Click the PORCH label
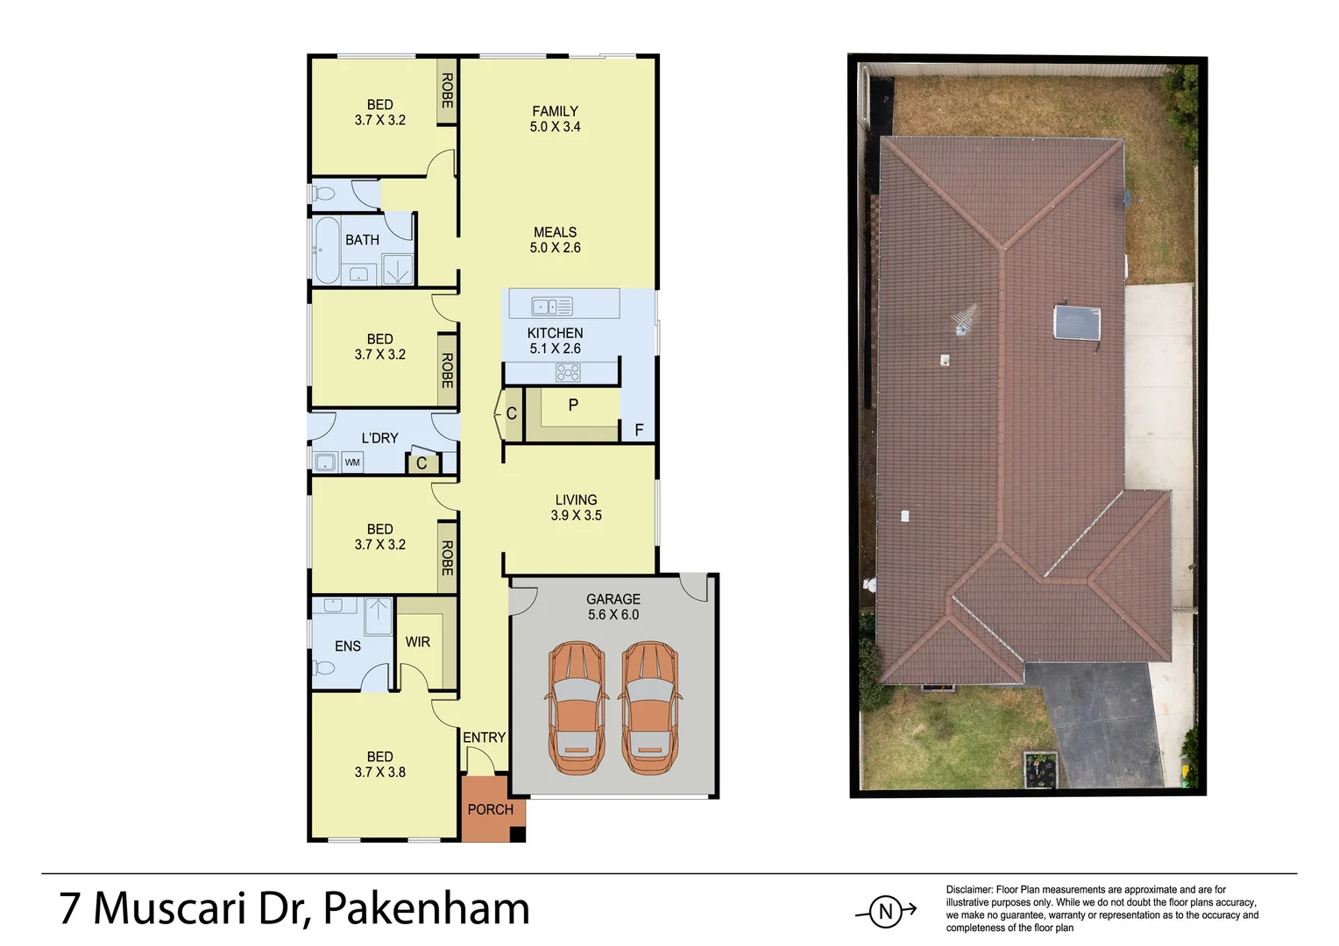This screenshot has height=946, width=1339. pyautogui.click(x=490, y=809)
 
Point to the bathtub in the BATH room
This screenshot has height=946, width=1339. pyautogui.click(x=327, y=250)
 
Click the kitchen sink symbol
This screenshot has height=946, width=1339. pyautogui.click(x=552, y=306)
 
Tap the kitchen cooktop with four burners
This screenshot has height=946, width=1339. pyautogui.click(x=568, y=373)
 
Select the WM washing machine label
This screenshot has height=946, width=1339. pyautogui.click(x=352, y=462)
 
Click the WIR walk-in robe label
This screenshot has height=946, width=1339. pyautogui.click(x=418, y=642)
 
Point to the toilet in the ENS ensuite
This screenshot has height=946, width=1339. pyautogui.click(x=322, y=668)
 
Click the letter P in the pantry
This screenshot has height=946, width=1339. pyautogui.click(x=573, y=405)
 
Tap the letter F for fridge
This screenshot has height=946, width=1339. pyautogui.click(x=639, y=429)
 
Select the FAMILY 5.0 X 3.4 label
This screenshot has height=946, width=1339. pyautogui.click(x=555, y=118)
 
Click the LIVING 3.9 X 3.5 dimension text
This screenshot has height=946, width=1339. pyautogui.click(x=576, y=515)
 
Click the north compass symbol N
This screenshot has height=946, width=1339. pyautogui.click(x=886, y=912)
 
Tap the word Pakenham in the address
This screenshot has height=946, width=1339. pyautogui.click(x=427, y=908)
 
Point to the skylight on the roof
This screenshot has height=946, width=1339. pyautogui.click(x=1077, y=322)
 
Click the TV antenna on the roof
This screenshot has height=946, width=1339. pyautogui.click(x=965, y=320)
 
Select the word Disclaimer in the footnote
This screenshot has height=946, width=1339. pyautogui.click(x=968, y=890)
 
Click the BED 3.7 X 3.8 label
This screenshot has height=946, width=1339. pyautogui.click(x=379, y=764)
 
